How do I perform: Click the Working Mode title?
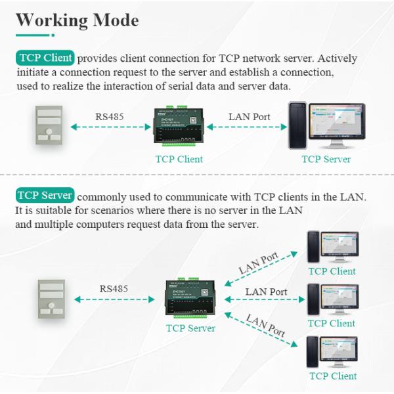pyautogui.click(x=77, y=20)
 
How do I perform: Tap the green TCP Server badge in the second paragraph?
pyautogui.click(x=45, y=196)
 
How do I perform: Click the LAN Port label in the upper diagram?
pyautogui.click(x=249, y=117)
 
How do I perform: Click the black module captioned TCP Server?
pyautogui.click(x=190, y=299)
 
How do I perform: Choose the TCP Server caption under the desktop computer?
pyautogui.click(x=326, y=159)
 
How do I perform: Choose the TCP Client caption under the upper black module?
pyautogui.click(x=179, y=159)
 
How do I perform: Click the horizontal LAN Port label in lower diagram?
pyautogui.click(x=265, y=292)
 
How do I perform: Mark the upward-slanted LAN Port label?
pyautogui.click(x=258, y=262)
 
